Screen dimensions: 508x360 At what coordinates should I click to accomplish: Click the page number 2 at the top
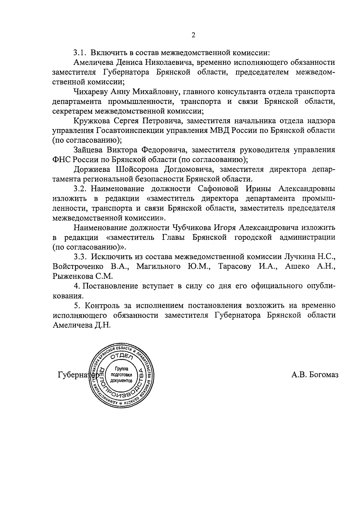click(x=193, y=35)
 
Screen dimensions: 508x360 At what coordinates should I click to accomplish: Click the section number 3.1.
click(x=80, y=53)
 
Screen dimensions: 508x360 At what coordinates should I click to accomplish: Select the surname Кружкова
click(x=90, y=121)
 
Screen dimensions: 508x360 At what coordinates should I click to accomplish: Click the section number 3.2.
click(x=80, y=189)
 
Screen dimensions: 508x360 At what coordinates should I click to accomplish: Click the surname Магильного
click(x=158, y=266)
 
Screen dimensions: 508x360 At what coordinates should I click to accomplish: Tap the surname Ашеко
click(x=297, y=266)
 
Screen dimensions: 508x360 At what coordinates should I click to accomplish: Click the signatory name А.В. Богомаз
click(x=315, y=375)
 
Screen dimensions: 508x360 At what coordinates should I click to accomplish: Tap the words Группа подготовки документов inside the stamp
click(x=121, y=374)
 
